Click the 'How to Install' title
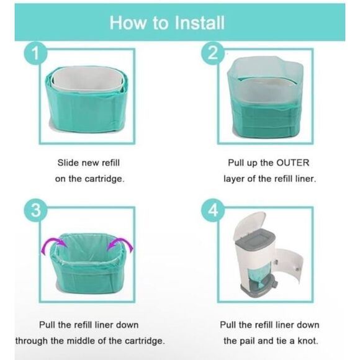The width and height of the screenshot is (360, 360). tap(166, 24)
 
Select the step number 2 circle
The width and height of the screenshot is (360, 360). tap(213, 55)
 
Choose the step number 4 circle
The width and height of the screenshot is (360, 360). tap(213, 211)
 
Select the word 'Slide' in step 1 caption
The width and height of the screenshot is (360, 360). tap(68, 163)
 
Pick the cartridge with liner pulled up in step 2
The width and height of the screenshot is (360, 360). tap(265, 99)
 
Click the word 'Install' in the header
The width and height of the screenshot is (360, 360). tap(195, 24)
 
